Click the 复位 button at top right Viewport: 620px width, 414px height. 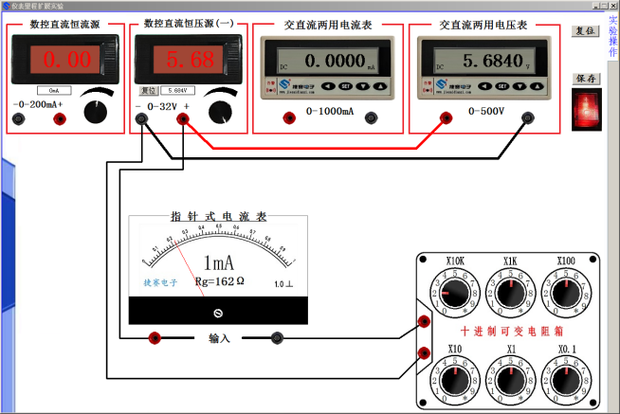(x=587, y=31)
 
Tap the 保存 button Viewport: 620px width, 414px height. (x=587, y=79)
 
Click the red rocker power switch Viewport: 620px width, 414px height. (x=587, y=108)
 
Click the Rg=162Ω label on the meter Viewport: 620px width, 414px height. (x=219, y=281)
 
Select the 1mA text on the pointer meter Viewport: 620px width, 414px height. (x=219, y=262)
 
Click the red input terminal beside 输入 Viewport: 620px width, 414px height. (x=155, y=338)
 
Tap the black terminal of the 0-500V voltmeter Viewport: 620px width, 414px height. (x=527, y=118)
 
